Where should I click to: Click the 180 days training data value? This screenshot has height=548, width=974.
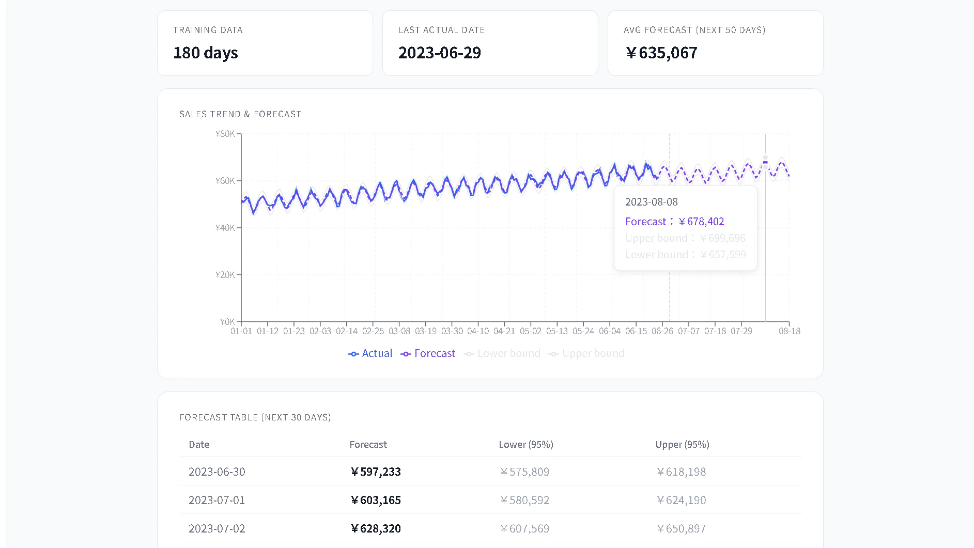point(206,53)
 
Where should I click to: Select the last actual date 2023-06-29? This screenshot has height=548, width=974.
point(439,53)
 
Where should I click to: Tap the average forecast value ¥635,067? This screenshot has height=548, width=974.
point(661,53)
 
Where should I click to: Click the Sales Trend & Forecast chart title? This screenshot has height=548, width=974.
point(240,114)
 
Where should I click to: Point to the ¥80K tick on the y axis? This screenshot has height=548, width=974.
point(225,134)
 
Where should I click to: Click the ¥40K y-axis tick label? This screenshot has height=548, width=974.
point(225,228)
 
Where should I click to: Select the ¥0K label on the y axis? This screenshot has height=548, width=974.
point(227,322)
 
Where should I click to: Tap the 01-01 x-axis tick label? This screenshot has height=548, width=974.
point(241,331)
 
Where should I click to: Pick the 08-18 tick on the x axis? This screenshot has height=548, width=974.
point(789,331)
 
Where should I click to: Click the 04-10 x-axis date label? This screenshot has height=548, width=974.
point(478,331)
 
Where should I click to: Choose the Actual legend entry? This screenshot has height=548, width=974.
point(370,353)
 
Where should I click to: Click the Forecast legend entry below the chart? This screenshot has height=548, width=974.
point(428,353)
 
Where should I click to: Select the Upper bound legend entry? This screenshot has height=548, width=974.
point(587,353)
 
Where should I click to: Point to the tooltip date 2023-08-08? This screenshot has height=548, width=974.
point(651,202)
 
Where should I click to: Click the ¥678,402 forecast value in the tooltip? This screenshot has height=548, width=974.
point(701,222)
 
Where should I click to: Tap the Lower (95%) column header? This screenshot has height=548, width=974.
point(526,445)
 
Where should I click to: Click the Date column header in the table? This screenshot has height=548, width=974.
point(199,445)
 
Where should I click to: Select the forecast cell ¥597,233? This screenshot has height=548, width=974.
point(376,472)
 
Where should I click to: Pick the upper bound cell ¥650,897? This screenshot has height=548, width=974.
point(681,528)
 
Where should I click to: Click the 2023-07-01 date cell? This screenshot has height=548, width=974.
point(217,500)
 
